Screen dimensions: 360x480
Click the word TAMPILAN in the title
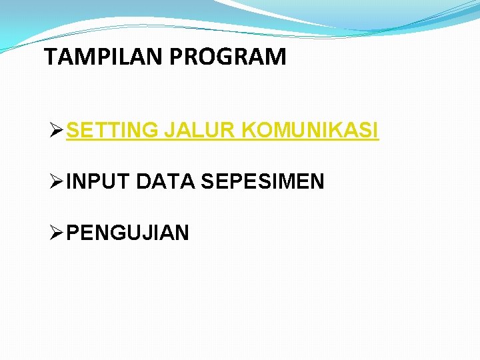click(x=104, y=57)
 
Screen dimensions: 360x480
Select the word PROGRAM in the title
click(x=228, y=57)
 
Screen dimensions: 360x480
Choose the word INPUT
click(x=99, y=181)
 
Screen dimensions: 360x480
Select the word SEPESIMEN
click(x=262, y=181)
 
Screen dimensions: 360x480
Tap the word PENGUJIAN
click(x=128, y=233)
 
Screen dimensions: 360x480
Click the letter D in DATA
click(x=143, y=181)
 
